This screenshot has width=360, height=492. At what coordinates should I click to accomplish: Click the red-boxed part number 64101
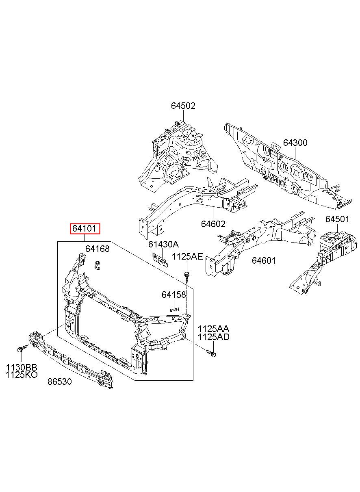[85, 229]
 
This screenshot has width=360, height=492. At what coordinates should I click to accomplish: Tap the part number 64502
[183, 106]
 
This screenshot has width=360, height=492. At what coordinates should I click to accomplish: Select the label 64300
[295, 143]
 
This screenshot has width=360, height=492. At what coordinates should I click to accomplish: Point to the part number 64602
[213, 224]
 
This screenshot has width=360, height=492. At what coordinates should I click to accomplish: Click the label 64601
[264, 260]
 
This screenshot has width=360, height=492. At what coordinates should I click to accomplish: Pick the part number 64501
[337, 219]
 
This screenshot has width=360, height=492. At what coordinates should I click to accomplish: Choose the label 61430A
[163, 244]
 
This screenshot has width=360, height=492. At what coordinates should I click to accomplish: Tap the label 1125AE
[187, 256]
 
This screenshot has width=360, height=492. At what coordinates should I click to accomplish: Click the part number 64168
[97, 249]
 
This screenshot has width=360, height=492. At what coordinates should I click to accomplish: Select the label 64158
[174, 295]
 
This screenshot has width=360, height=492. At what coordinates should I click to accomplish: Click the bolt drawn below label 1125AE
[187, 277]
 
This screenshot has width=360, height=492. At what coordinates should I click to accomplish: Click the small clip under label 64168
[97, 265]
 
